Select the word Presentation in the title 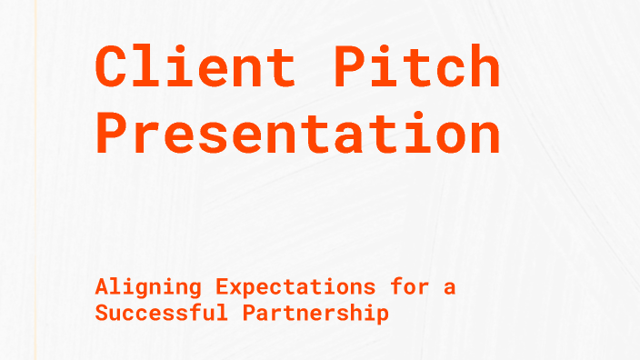pos(298,134)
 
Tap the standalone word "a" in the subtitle pos(450,288)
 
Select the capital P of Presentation pos(113,134)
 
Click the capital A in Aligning pos(102,287)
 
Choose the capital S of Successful pos(102,314)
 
